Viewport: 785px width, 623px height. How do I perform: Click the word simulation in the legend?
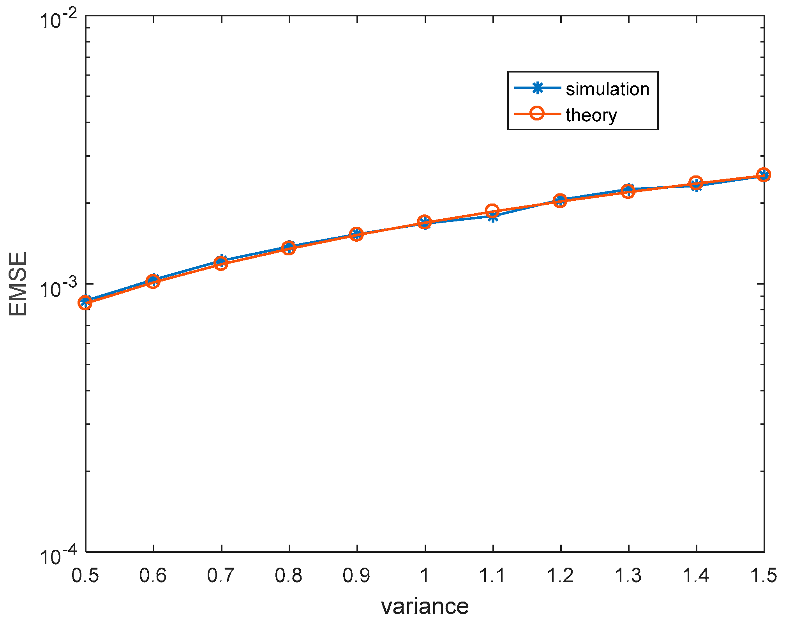tap(607, 89)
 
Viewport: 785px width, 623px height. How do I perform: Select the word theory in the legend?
tap(591, 115)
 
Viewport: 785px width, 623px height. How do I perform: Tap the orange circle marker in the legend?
tap(537, 113)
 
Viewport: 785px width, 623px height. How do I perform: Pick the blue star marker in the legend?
tap(537, 88)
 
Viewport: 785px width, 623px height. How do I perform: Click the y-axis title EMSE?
tap(18, 284)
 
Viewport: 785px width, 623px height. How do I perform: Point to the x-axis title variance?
tap(425, 607)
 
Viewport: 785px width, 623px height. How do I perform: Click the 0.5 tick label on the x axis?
tap(85, 575)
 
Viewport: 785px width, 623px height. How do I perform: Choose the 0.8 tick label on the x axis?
tap(289, 575)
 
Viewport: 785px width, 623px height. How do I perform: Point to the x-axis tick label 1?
tap(425, 575)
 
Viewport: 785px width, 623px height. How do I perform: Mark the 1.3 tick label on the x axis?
tap(628, 575)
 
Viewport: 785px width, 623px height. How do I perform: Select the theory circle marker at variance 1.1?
tap(492, 211)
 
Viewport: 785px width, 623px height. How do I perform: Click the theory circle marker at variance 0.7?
tap(221, 264)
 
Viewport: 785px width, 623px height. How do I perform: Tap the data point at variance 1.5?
tap(764, 175)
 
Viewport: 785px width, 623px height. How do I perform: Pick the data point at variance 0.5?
tap(85, 302)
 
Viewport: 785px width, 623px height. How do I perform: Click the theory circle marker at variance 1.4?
tap(696, 183)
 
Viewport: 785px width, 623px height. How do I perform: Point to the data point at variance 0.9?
tap(356, 234)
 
